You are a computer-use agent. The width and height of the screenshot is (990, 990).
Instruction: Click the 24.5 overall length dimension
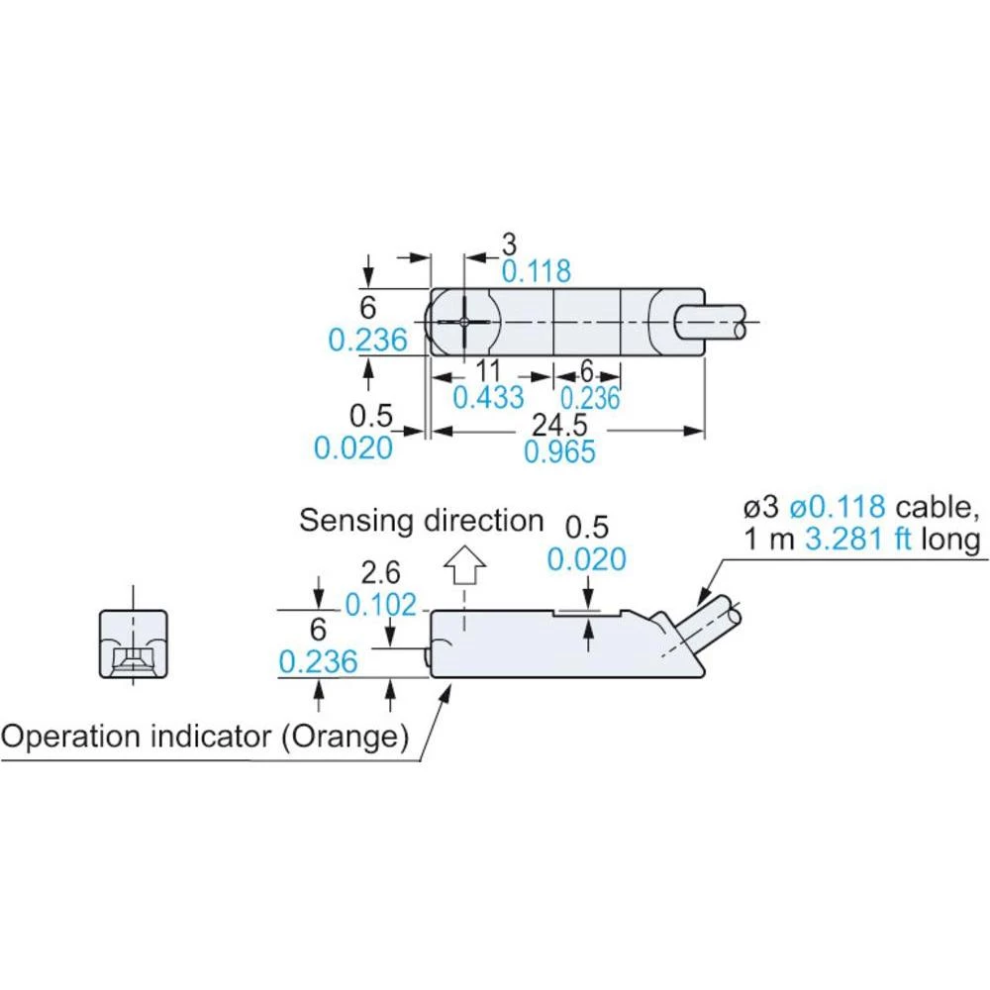tap(559, 425)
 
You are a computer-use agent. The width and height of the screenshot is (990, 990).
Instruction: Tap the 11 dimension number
tap(486, 372)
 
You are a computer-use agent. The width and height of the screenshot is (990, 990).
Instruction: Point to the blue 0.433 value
tap(488, 398)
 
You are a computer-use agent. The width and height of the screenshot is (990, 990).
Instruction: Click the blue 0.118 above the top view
tap(536, 270)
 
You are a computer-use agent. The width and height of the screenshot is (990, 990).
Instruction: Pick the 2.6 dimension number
tap(383, 572)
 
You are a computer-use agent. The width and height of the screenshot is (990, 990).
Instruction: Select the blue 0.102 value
tap(384, 603)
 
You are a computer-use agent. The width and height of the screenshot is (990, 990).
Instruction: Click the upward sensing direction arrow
tap(463, 570)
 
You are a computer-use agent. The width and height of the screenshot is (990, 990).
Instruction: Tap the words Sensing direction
tap(422, 520)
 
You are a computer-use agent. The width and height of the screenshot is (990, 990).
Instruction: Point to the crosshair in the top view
tap(464, 323)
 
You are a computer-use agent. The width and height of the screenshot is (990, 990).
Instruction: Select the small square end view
tap(133, 644)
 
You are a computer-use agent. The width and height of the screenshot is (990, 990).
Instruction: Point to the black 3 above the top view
tap(509, 244)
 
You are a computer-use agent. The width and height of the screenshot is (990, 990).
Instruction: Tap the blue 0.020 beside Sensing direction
tap(587, 559)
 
